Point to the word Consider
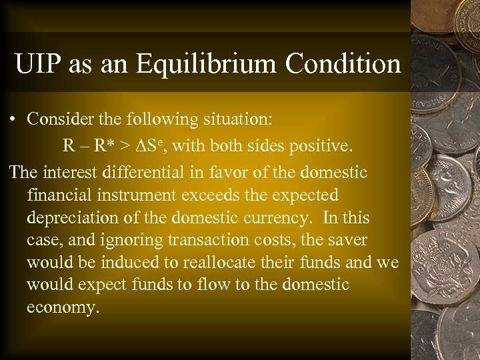(57, 119)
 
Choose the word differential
(139, 172)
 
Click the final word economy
(63, 309)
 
